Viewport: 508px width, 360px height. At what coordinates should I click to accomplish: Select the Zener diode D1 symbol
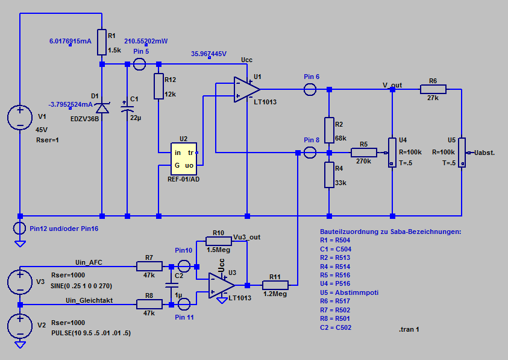tap(102, 107)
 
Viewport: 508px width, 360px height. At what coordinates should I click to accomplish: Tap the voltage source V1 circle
tap(20, 118)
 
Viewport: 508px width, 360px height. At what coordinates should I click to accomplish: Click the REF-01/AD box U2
tap(183, 159)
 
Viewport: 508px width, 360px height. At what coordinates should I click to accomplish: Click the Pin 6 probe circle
tap(312, 90)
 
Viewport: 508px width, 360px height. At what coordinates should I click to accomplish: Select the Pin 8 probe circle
tap(312, 152)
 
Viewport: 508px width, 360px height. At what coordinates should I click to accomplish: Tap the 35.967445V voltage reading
tap(209, 54)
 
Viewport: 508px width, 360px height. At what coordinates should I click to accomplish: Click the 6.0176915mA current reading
tap(70, 41)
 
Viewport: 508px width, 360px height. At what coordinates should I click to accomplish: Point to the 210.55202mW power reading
tap(146, 41)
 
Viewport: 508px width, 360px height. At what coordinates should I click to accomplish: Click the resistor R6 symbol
tap(433, 90)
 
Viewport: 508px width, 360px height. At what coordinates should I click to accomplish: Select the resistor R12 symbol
tap(159, 86)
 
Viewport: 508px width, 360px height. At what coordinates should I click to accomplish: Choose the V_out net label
tap(392, 85)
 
